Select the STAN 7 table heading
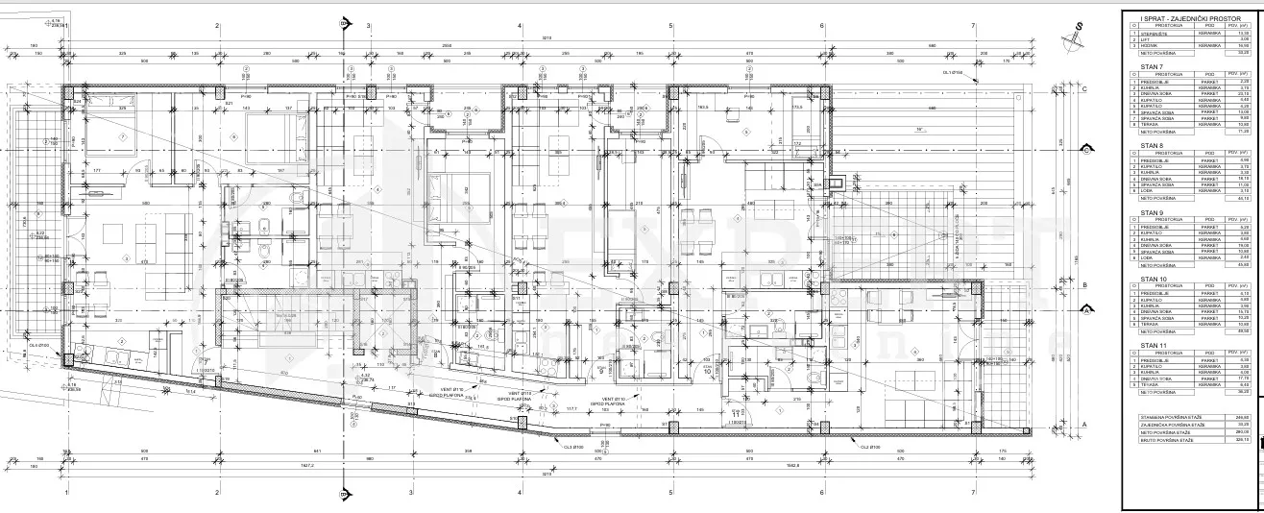1152,67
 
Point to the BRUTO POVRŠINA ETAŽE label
1167,467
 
